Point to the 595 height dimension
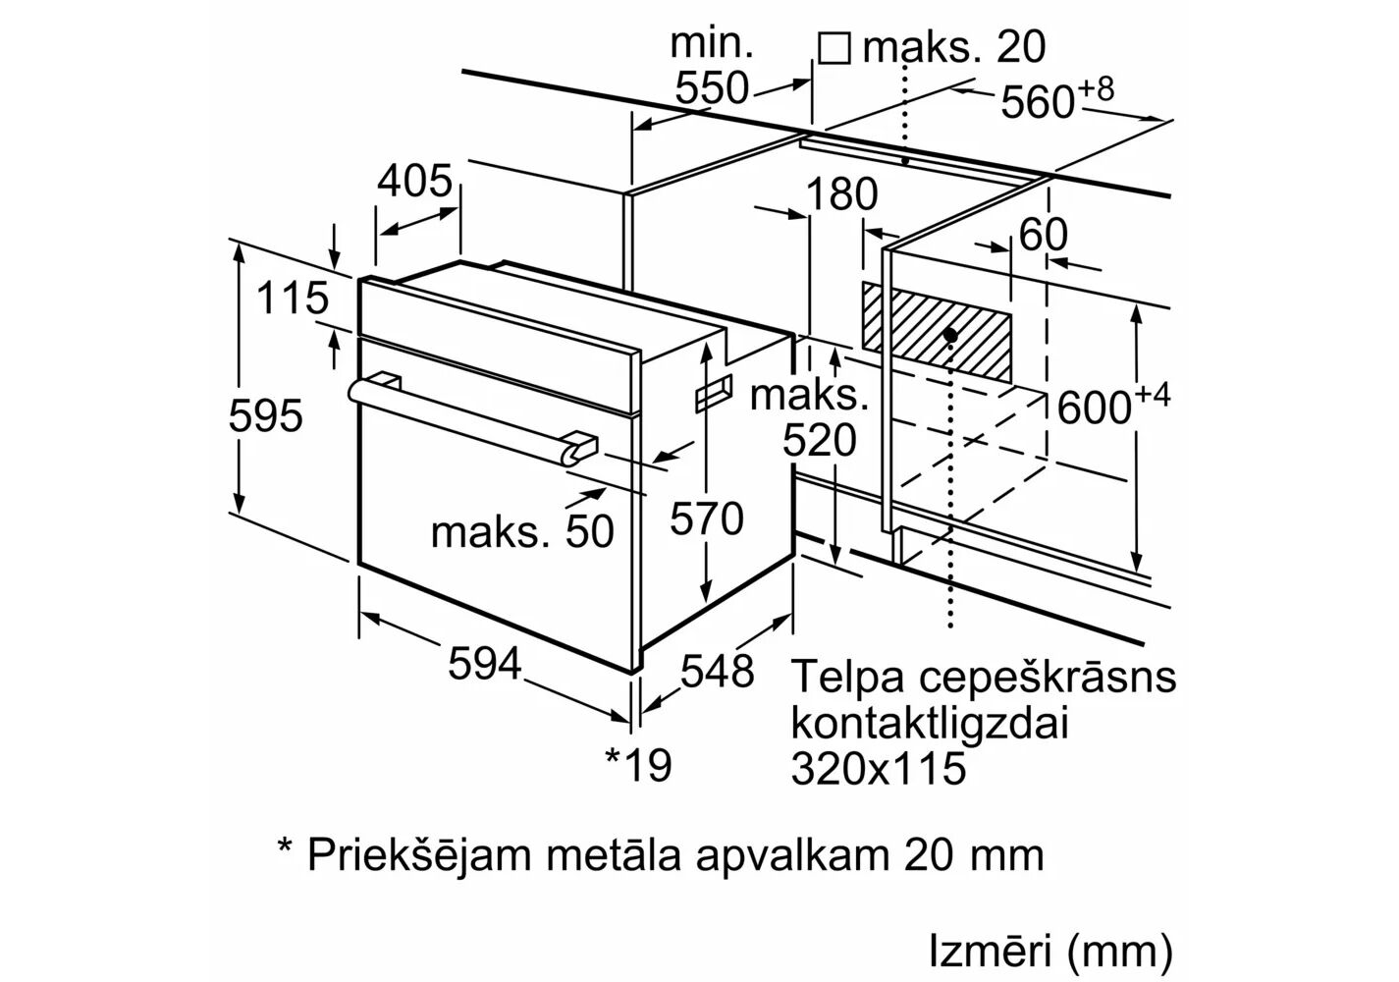[x=265, y=416]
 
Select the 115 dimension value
[x=292, y=298]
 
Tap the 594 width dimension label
[x=485, y=665]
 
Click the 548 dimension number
[x=718, y=672]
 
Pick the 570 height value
[x=707, y=518]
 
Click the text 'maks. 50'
[x=521, y=531]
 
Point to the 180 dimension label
[x=840, y=194]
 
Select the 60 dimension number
[x=1043, y=235]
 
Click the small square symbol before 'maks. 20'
[x=834, y=47]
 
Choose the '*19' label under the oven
[x=638, y=764]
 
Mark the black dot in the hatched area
[x=950, y=335]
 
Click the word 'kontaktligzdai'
[x=929, y=725]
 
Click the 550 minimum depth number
[x=712, y=88]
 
